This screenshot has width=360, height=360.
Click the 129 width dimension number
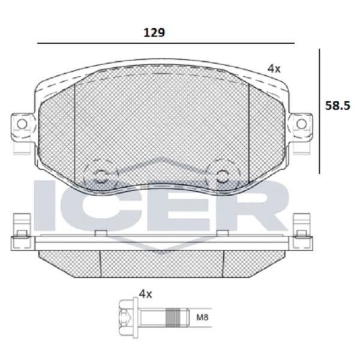click(154, 33)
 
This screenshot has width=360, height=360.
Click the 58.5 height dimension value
click(337, 106)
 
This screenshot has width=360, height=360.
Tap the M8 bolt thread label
click(202, 317)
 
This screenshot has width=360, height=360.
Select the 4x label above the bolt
click(146, 294)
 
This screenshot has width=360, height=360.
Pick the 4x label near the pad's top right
click(274, 68)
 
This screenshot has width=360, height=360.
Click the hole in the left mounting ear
click(22, 124)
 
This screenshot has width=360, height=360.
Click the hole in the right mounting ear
click(301, 124)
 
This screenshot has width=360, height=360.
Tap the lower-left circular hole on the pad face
click(100, 176)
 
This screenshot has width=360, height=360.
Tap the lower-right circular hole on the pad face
click(223, 176)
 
